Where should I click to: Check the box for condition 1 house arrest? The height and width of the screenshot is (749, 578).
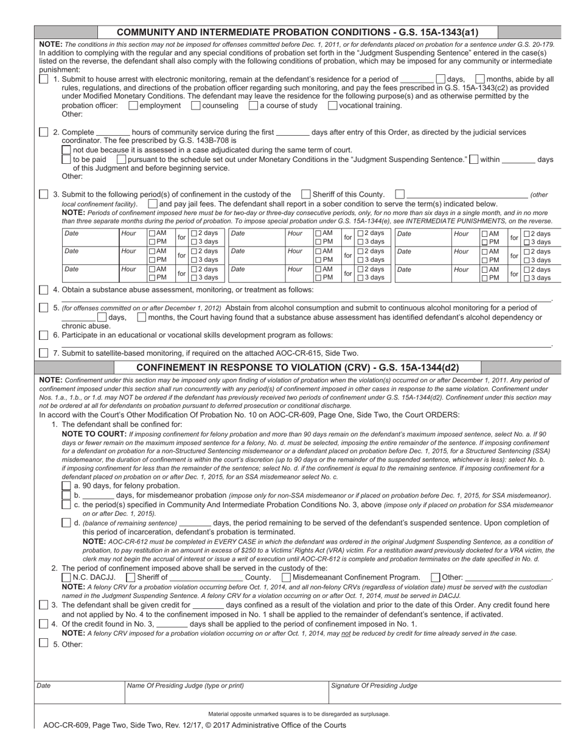click(x=44, y=79)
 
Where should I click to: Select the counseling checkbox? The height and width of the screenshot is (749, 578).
click(x=196, y=105)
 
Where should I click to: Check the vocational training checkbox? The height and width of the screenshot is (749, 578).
click(x=333, y=105)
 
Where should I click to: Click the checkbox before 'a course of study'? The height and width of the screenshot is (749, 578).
click(x=254, y=105)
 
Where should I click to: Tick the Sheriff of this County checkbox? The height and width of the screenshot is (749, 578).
click(x=306, y=194)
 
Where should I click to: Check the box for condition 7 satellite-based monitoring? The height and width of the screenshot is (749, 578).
click(x=44, y=353)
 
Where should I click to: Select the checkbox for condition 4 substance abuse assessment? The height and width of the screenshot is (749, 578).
click(x=44, y=289)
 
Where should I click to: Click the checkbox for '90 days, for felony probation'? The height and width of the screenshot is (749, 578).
click(x=66, y=486)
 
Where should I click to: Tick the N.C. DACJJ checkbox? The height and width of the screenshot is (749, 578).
click(x=66, y=577)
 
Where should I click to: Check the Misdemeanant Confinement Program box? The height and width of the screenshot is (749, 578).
click(x=287, y=577)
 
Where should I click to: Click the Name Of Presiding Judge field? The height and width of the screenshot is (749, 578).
click(x=225, y=694)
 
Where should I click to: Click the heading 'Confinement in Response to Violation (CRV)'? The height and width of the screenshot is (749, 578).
click(x=298, y=367)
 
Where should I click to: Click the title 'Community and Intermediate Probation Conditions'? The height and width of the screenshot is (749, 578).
click(x=297, y=33)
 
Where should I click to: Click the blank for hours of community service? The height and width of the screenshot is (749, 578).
click(x=113, y=132)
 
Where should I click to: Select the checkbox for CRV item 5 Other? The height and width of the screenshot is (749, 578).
click(x=44, y=643)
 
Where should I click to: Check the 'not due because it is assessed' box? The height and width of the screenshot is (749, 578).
click(x=66, y=150)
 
